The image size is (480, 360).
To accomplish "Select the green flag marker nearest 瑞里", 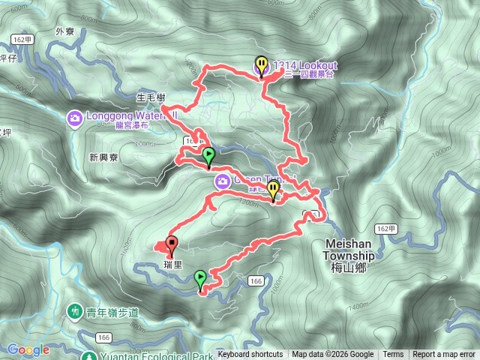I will [x=200, y=279].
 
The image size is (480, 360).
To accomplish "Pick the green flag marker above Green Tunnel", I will [x=208, y=156].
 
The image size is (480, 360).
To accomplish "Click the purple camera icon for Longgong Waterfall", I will [x=74, y=118].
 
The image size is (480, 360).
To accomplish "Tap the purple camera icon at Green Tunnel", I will [x=223, y=181].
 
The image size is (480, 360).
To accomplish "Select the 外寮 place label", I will [x=65, y=31].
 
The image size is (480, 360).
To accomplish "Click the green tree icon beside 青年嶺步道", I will [x=74, y=310].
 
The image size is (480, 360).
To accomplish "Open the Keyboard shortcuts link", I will [x=250, y=355].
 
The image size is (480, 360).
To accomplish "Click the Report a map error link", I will [x=444, y=355].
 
